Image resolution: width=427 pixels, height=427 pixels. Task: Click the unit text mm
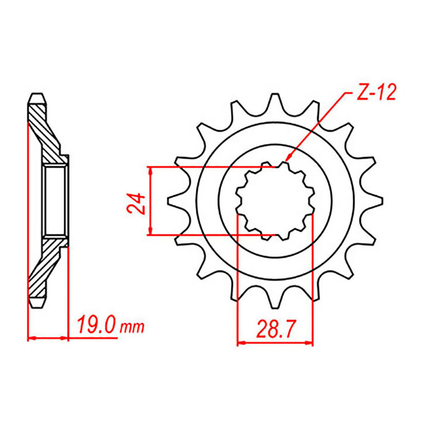click(x=132, y=328)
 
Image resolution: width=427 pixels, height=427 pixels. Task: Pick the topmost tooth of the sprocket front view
click(x=275, y=101)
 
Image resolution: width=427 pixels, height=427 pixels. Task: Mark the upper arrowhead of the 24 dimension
click(x=150, y=170)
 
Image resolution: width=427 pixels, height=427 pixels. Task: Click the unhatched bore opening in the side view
click(x=55, y=200)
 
